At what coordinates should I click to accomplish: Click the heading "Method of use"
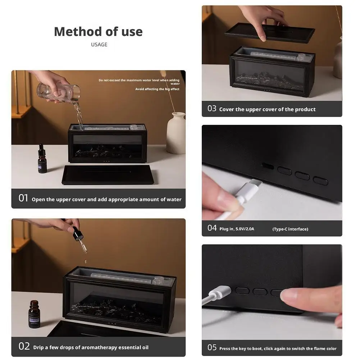(98, 31)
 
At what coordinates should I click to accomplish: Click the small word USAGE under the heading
(99, 45)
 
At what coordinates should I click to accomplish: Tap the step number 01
(23, 198)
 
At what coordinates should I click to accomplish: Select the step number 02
(24, 346)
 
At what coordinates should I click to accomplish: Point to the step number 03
(212, 108)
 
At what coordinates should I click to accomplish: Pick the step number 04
(212, 228)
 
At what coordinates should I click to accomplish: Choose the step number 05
(212, 347)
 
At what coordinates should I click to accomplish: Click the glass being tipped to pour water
(59, 92)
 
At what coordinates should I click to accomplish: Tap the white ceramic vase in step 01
(176, 133)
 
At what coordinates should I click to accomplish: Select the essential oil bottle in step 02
(34, 314)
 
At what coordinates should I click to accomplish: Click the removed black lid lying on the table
(108, 174)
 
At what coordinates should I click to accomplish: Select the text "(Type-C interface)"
(290, 229)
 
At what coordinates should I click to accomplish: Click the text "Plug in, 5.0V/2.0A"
(237, 229)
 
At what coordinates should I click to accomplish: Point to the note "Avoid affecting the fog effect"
(157, 89)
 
